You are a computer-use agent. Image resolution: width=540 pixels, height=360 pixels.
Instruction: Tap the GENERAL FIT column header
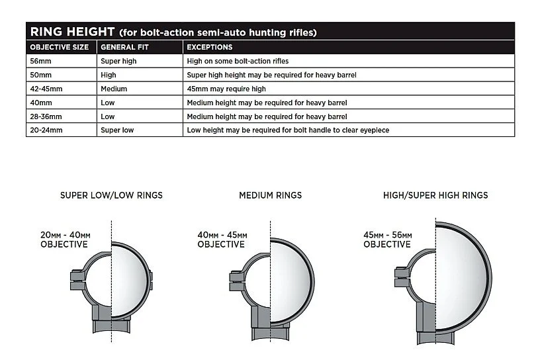(x=122, y=47)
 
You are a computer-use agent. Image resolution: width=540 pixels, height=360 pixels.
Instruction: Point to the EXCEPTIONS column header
(x=209, y=47)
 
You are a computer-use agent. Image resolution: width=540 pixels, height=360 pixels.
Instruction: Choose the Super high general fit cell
(x=118, y=61)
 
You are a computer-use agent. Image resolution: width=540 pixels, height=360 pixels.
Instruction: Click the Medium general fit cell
(x=114, y=89)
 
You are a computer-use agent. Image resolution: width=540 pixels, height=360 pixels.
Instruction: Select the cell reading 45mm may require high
(x=226, y=89)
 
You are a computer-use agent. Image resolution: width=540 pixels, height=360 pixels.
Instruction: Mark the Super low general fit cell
(x=117, y=130)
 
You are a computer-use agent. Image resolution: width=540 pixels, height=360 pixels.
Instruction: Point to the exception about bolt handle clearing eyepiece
(x=288, y=130)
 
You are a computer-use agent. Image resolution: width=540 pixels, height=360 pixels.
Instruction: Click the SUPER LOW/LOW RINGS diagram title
(x=111, y=195)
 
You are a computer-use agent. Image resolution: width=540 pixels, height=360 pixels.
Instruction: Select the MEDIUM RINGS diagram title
(x=270, y=195)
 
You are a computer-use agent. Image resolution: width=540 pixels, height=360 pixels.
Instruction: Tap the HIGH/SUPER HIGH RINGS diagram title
(x=435, y=195)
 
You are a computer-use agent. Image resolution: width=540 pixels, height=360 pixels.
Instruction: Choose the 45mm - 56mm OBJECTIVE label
(x=387, y=240)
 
